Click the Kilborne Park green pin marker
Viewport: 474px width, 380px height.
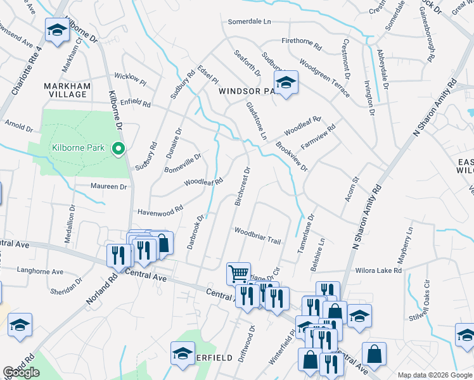click(x=117, y=149)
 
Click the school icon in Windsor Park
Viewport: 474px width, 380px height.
click(x=286, y=82)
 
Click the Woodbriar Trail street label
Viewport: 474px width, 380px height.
click(x=257, y=231)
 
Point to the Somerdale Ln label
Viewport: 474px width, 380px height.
click(x=249, y=22)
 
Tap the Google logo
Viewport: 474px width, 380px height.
click(x=22, y=372)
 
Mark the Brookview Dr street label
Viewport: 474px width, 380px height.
click(x=291, y=156)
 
